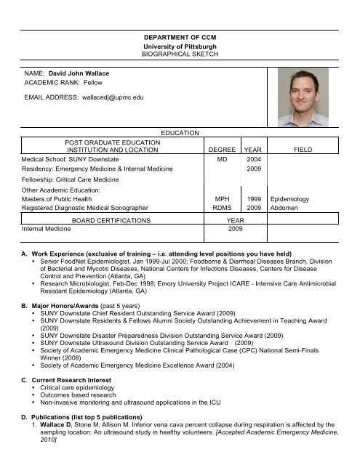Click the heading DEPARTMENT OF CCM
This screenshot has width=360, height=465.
pyautogui.click(x=180, y=36)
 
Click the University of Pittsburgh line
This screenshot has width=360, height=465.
pyautogui.click(x=180, y=46)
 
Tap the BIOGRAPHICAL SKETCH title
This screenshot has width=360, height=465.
pyautogui.click(x=180, y=54)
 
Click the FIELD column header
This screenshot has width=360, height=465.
pyautogui.click(x=303, y=151)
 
